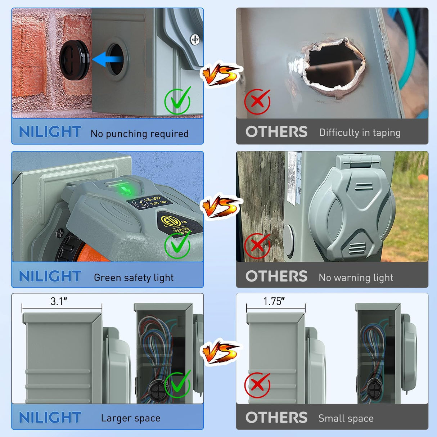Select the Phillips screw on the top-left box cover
(195, 39)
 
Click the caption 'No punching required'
(139, 134)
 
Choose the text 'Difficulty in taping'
(360, 133)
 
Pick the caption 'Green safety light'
(134, 278)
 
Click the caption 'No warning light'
(356, 278)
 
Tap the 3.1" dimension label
(59, 301)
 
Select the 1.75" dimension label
(274, 301)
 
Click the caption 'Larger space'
(130, 418)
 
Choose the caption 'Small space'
(346, 418)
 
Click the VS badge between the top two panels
(220, 74)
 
